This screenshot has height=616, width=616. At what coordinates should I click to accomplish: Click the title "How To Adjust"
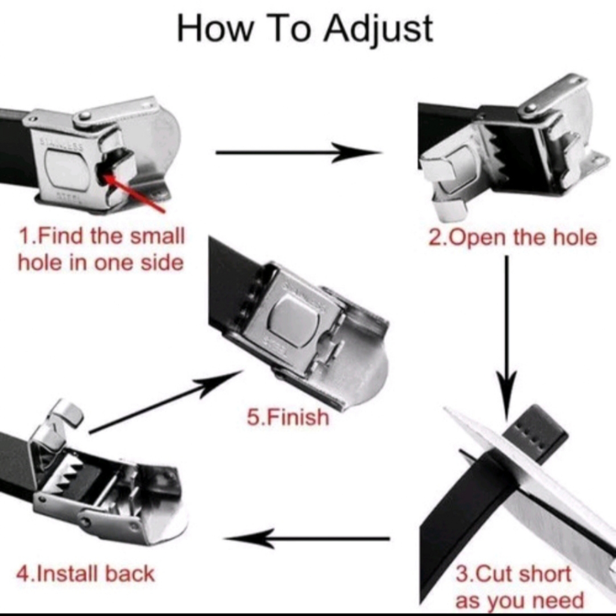pyautogui.click(x=305, y=29)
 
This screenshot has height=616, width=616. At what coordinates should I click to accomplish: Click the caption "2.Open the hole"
pyautogui.click(x=513, y=238)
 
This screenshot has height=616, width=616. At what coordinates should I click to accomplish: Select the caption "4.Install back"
pyautogui.click(x=85, y=573)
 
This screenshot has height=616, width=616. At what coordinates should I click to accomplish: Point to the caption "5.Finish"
pyautogui.click(x=288, y=417)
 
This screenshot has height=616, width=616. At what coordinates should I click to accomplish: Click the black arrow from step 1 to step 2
pyautogui.click(x=298, y=152)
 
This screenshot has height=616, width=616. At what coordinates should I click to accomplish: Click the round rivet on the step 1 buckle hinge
pyautogui.click(x=84, y=116)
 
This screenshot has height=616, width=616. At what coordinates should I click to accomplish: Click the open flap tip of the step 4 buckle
pyautogui.click(x=67, y=413)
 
